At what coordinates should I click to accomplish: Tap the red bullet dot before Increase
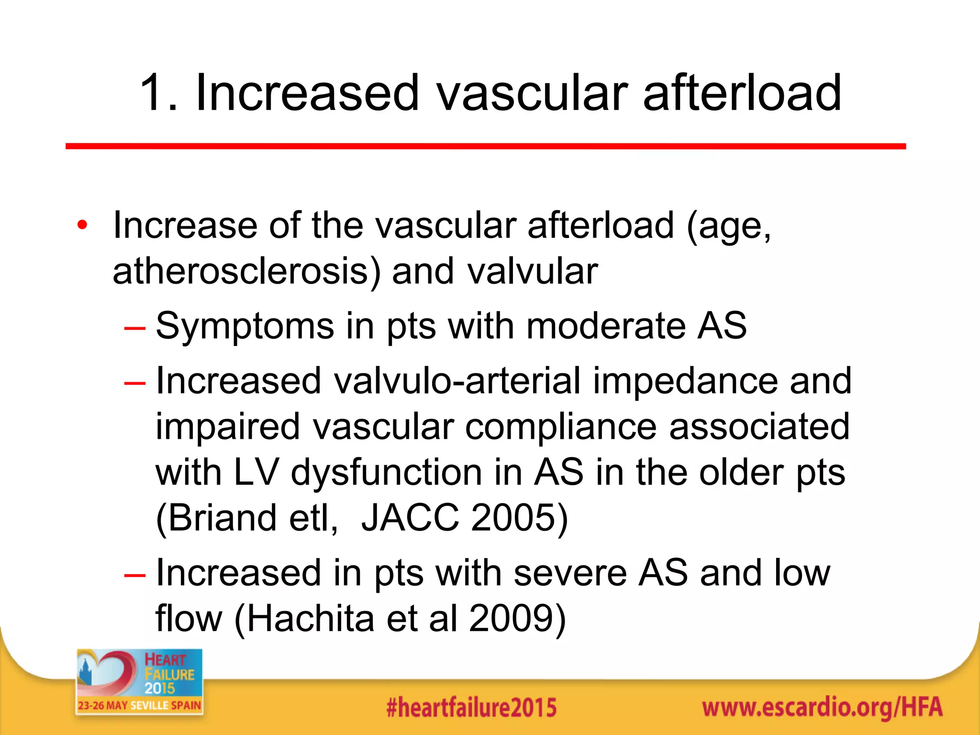[x=82, y=225]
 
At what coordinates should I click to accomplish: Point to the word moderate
[x=606, y=326]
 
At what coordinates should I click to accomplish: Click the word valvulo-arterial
[x=457, y=381]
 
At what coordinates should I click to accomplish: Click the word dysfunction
[x=386, y=472]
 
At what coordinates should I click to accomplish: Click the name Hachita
[x=311, y=618]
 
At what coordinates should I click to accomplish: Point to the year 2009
[x=512, y=618]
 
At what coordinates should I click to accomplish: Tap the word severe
[x=570, y=573]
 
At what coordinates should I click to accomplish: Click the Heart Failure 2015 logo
[x=139, y=681]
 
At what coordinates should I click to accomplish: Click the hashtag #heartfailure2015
[x=471, y=707]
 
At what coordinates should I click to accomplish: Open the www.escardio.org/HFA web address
[x=822, y=707]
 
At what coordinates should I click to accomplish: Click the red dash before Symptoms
[x=134, y=328]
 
